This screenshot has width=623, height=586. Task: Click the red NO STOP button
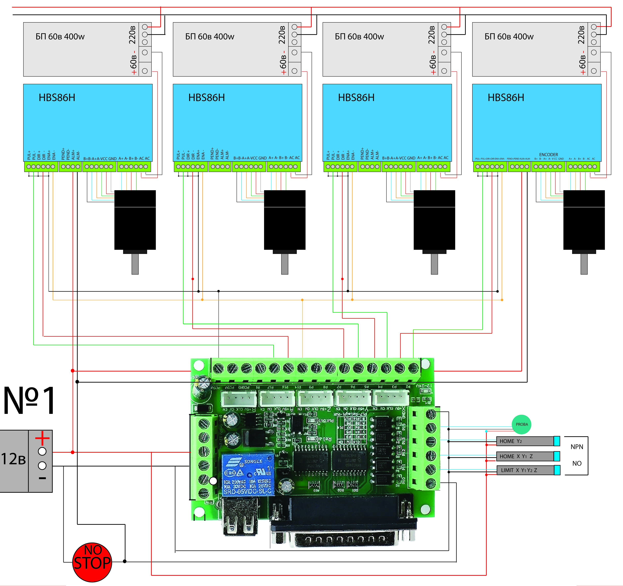(92, 562)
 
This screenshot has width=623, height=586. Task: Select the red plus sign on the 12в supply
(42, 438)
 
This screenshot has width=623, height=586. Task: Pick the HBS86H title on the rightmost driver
(506, 98)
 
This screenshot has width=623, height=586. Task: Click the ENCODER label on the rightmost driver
(548, 155)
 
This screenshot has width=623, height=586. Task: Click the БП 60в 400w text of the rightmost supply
(509, 37)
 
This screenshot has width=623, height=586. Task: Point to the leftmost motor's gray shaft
(135, 264)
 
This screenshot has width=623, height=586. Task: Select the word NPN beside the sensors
(577, 447)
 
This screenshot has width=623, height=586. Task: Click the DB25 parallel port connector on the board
(343, 538)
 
